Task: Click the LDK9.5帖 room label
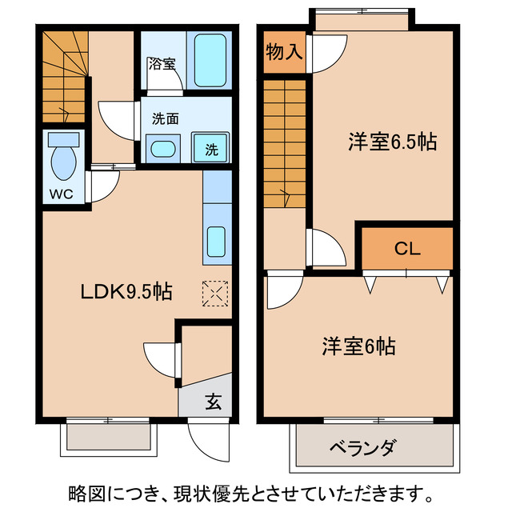pos(126,292)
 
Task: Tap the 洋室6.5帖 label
pos(391,143)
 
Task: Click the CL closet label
pos(406,249)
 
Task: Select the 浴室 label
pos(162,64)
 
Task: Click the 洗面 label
pos(166,119)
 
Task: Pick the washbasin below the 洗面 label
pos(164,148)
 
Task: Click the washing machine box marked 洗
pos(211,148)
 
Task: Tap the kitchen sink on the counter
pos(217,241)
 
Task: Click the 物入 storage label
pos(284,53)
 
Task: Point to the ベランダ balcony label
pos(362,447)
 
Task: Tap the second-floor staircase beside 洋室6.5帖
pos(284,140)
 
